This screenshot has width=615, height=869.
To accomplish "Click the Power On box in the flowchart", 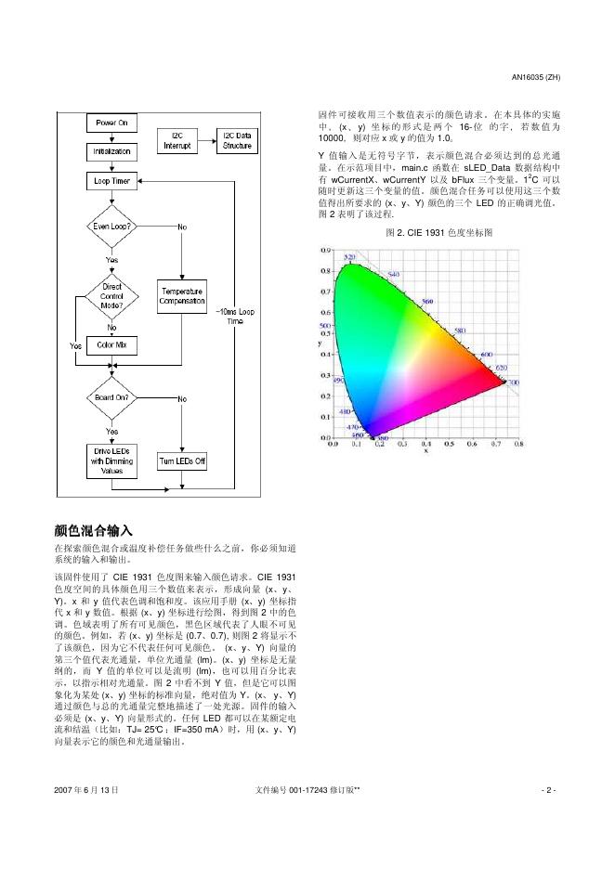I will (111, 122).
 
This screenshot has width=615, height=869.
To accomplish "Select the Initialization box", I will (111, 150).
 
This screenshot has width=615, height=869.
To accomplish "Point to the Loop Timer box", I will (111, 180).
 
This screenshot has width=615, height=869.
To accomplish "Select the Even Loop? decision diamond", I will (111, 227).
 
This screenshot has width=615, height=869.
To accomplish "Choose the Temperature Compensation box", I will (182, 296).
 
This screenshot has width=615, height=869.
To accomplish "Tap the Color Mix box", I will (111, 345).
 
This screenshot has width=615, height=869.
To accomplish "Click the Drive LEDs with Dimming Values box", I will (111, 461).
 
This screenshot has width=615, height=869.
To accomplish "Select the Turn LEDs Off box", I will (182, 461).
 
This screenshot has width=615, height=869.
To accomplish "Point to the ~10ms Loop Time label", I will (234, 316).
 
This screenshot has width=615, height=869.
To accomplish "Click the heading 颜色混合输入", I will (94, 530).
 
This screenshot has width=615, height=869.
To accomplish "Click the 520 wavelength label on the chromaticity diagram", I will (350, 256).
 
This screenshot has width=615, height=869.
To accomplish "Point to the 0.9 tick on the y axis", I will (326, 250).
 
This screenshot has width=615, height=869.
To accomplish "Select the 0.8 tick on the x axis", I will (517, 445).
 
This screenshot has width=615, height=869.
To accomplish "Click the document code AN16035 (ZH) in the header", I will (536, 76).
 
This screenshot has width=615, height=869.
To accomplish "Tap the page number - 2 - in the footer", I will (548, 790).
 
